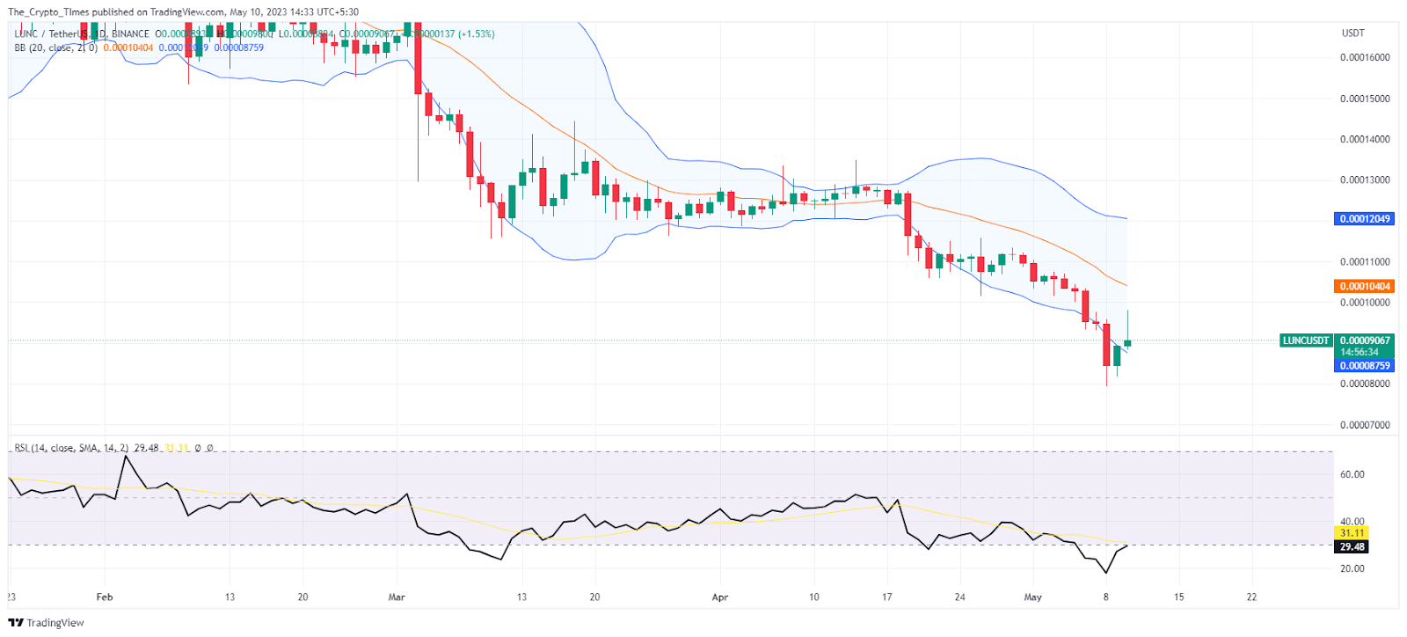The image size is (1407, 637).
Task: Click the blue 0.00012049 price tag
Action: [x=1365, y=219]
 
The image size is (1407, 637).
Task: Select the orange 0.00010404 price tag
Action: [x=1365, y=287]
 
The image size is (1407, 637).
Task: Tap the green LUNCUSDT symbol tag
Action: [x=1306, y=340]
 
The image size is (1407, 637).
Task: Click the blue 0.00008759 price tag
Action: [x=1365, y=366]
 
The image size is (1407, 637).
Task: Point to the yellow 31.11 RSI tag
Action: [x=1352, y=533]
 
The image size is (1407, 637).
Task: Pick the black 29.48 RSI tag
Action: [x=1352, y=547]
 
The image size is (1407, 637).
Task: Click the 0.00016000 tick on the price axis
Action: [x=1365, y=58]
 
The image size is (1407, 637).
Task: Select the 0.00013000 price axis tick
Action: [x=1365, y=180]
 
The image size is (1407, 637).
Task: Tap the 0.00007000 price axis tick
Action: [x=1365, y=426]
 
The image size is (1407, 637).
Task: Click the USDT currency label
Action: [x=1352, y=33]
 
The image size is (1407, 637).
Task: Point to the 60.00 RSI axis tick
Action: [x=1352, y=475]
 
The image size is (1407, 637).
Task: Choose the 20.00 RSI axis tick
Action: [x=1352, y=569]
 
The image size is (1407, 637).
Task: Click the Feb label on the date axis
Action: [x=105, y=597]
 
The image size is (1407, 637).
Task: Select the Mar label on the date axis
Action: [x=397, y=597]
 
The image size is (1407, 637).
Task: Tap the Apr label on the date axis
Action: [x=720, y=597]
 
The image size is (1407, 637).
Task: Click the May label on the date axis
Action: [x=1032, y=597]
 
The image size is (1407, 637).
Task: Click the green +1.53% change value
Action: [x=476, y=34]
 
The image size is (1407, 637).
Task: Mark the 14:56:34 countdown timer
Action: [x=1360, y=353]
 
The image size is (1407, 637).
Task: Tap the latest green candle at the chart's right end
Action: [x=1127, y=342]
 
